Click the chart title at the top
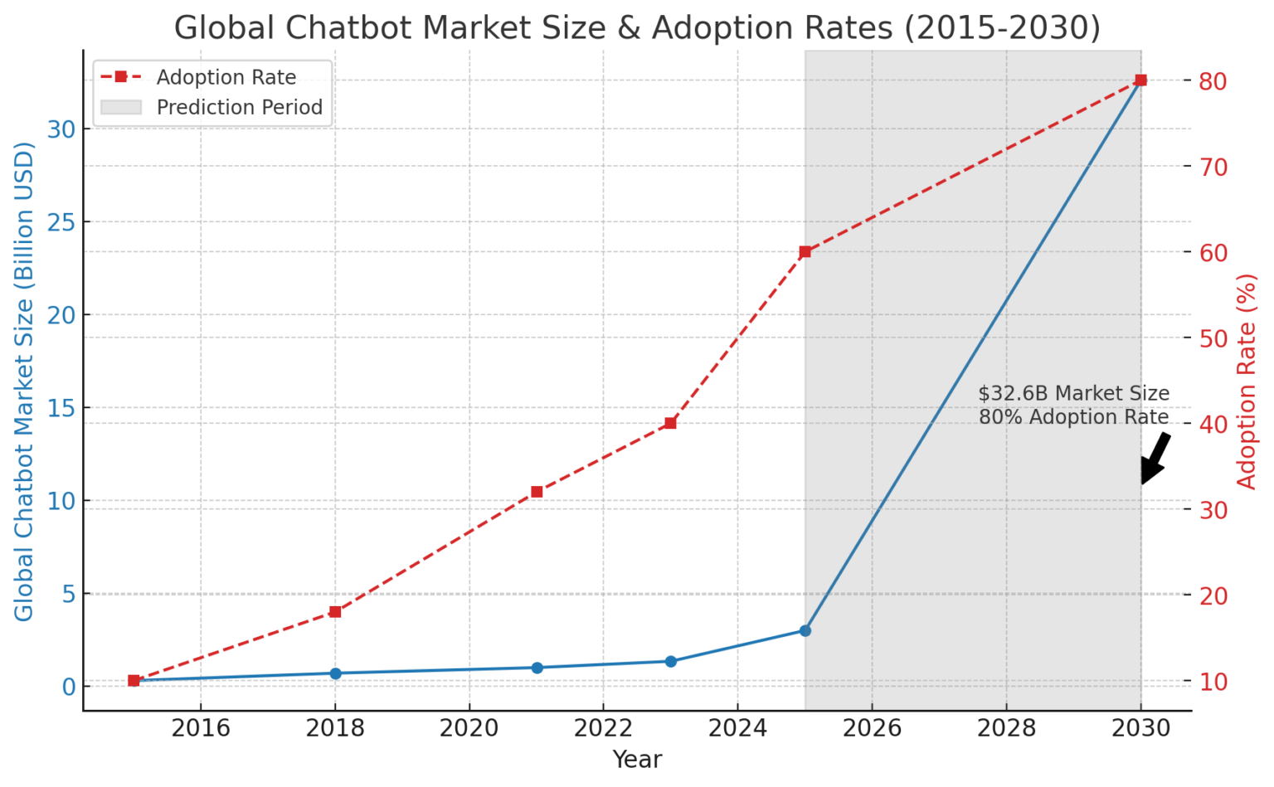click(x=637, y=27)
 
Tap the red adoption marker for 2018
click(x=335, y=612)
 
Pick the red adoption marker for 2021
click(x=537, y=492)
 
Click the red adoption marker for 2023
click(x=671, y=423)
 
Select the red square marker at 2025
click(x=805, y=251)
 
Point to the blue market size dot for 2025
click(x=805, y=630)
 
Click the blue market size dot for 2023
click(x=671, y=662)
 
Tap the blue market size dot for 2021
click(x=537, y=668)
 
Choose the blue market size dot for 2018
click(x=335, y=673)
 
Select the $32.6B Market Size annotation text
click(x=1073, y=394)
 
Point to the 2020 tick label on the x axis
click(x=469, y=728)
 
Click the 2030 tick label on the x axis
click(x=1140, y=728)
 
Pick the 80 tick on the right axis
click(x=1212, y=80)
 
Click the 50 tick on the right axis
click(x=1212, y=338)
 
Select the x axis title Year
click(x=637, y=760)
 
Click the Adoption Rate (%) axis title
click(x=1247, y=381)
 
